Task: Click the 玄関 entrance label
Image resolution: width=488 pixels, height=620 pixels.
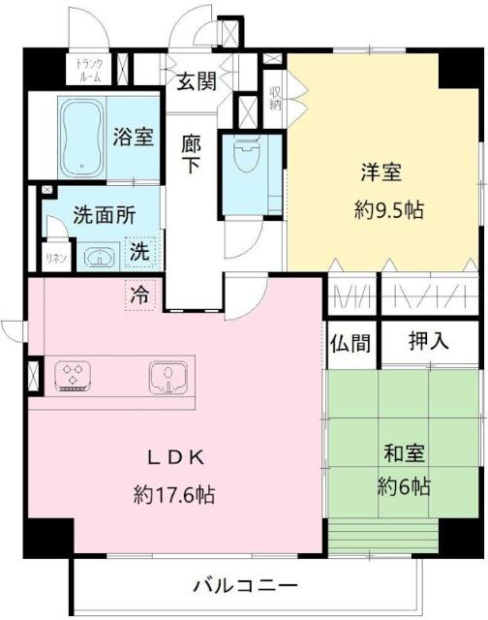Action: [x=196, y=81]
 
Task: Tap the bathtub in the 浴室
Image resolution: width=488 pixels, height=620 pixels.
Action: [x=81, y=138]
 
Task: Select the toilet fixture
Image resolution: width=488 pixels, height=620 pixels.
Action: [x=246, y=154]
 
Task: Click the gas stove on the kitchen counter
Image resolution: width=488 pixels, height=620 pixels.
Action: [x=73, y=376]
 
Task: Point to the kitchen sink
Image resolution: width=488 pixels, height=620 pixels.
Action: [x=168, y=378]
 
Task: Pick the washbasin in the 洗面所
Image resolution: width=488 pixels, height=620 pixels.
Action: [x=99, y=257]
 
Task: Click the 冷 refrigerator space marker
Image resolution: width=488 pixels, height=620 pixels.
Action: [x=140, y=294]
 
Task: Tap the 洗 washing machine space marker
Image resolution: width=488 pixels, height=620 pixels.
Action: [x=139, y=252]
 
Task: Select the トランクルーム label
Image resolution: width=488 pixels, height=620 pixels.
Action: [x=89, y=70]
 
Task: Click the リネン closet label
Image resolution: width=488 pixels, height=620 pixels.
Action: [x=56, y=259]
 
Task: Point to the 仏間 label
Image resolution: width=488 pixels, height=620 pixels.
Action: [x=351, y=343]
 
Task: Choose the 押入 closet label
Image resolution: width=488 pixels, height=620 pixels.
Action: [x=429, y=341]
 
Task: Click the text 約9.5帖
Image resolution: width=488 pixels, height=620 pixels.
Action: [x=388, y=210]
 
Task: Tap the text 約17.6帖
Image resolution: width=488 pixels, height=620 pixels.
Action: [x=174, y=495]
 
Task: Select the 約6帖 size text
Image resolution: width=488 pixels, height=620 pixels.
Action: [x=404, y=486]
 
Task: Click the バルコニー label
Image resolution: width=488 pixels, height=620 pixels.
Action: [x=245, y=585]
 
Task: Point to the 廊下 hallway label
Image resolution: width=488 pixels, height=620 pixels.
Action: [x=191, y=154]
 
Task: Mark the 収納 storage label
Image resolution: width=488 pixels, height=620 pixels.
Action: [x=275, y=98]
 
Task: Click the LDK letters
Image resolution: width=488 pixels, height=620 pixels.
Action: [x=176, y=458]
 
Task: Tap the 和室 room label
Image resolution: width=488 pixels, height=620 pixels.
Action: [x=405, y=453]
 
